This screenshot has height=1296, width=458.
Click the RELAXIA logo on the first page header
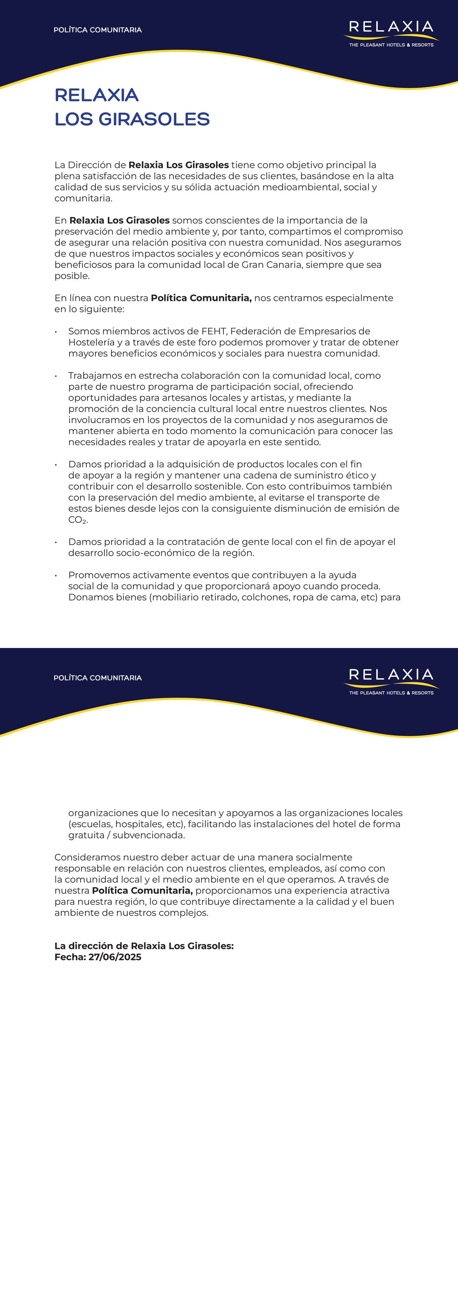(391, 28)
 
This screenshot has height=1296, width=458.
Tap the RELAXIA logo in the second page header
(391, 676)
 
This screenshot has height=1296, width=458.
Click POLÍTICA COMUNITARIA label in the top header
(98, 30)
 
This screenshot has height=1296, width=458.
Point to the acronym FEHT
(214, 331)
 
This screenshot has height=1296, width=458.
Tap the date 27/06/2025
(114, 957)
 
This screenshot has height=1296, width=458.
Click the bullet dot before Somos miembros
(56, 331)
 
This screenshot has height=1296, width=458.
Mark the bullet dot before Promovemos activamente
(56, 575)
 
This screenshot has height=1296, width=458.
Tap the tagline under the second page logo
(391, 693)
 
